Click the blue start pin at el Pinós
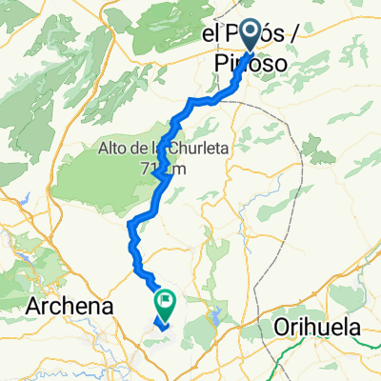click(251, 36)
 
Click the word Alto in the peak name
click(112, 148)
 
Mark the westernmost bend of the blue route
click(129, 224)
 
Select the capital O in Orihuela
click(281, 327)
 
